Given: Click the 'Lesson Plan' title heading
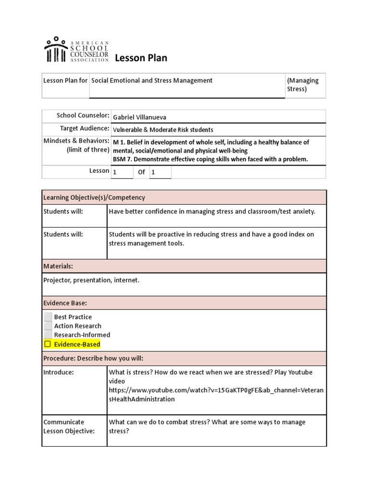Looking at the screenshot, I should [141, 58].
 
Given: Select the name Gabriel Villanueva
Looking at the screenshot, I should [140, 117].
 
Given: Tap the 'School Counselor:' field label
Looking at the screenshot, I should [83, 116].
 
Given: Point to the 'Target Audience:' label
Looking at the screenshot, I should [85, 129].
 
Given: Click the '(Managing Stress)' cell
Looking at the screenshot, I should [303, 85].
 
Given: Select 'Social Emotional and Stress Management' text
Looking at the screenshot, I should [152, 80].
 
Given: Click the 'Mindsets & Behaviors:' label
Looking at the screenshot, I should [76, 142].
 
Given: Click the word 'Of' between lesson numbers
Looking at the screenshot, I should [141, 172].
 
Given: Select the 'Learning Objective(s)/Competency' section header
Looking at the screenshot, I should [94, 197].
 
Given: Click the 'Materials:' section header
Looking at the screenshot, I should [58, 266].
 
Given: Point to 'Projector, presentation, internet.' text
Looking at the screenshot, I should [91, 280].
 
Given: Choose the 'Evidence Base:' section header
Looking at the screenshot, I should [65, 303].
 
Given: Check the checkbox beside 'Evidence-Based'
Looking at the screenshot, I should [48, 344].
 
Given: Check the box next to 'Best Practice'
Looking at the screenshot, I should [48, 317].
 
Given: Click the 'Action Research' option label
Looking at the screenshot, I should [77, 326].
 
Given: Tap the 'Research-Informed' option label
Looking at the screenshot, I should [82, 335].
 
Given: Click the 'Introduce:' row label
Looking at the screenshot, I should [59, 372].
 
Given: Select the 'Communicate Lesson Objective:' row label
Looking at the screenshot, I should [69, 427].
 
